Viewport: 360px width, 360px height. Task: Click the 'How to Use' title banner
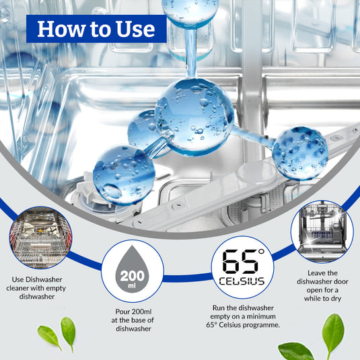click(x=96, y=29)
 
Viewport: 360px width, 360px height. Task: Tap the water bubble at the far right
click(x=299, y=153)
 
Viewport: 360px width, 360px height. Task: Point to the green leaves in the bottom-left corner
click(x=57, y=334)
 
